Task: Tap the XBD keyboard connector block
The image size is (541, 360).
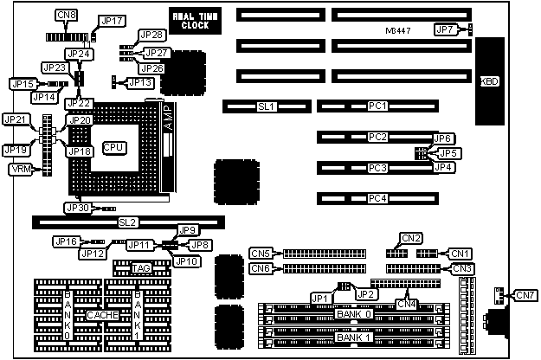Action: point(489,81)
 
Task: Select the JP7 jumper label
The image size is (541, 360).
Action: point(445,30)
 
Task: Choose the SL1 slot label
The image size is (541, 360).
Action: point(267,107)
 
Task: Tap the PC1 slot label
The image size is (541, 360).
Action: point(377,106)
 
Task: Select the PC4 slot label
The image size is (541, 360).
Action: point(377,199)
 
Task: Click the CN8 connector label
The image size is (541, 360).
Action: point(65,16)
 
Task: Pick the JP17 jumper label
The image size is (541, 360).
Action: point(112,20)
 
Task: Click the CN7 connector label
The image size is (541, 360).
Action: point(525,296)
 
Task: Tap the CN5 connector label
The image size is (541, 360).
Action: point(261,253)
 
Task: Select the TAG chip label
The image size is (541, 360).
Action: point(141,269)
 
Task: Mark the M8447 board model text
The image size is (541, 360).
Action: point(399,31)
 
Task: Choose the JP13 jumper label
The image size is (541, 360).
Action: point(140,82)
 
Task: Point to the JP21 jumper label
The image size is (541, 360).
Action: point(15,119)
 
